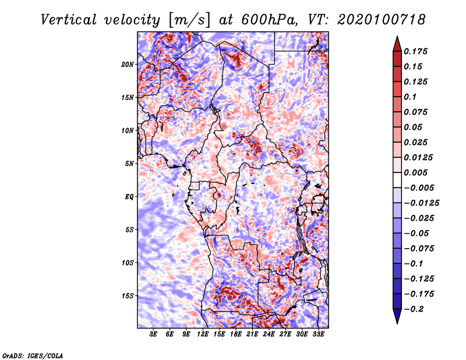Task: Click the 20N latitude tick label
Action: (128, 64)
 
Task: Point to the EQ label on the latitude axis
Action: (129, 197)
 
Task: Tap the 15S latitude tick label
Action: (128, 296)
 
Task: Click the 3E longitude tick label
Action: (154, 335)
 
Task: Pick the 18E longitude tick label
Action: (236, 335)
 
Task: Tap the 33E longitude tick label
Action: (319, 335)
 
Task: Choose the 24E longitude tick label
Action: (269, 335)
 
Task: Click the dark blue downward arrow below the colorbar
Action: (397, 317)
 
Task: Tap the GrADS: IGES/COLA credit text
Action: (32, 355)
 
